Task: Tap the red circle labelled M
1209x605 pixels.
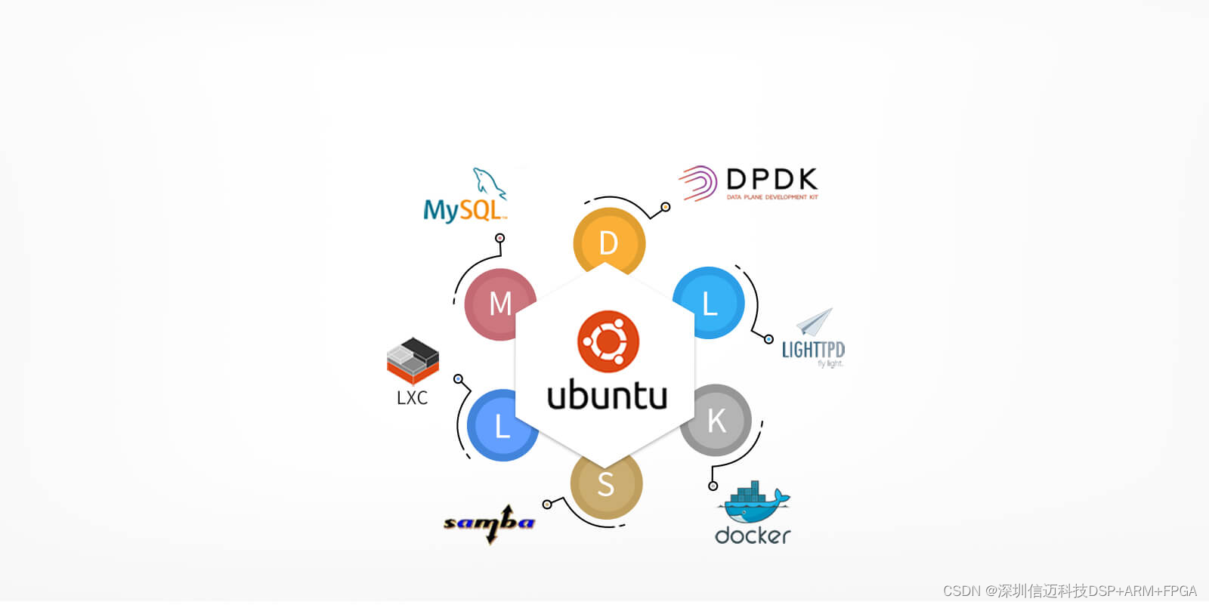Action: (x=499, y=304)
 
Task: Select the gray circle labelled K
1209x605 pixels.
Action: (x=716, y=420)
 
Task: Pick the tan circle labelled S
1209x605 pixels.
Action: (x=605, y=483)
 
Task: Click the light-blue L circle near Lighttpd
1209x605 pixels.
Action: (x=709, y=303)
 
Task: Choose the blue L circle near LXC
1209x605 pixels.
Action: (x=502, y=426)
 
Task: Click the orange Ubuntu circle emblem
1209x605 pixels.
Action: (x=608, y=341)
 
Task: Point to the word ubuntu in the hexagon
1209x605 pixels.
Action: (x=607, y=396)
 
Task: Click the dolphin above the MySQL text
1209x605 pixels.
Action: (x=489, y=182)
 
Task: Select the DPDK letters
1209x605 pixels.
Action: (x=771, y=180)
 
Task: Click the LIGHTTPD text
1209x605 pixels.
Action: (x=812, y=350)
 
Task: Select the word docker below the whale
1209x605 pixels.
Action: (x=753, y=536)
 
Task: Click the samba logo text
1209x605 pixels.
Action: (x=489, y=522)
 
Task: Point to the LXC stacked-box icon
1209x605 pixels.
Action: (x=413, y=360)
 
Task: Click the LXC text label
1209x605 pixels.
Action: (x=412, y=398)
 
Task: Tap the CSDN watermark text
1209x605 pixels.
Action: (x=1069, y=591)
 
